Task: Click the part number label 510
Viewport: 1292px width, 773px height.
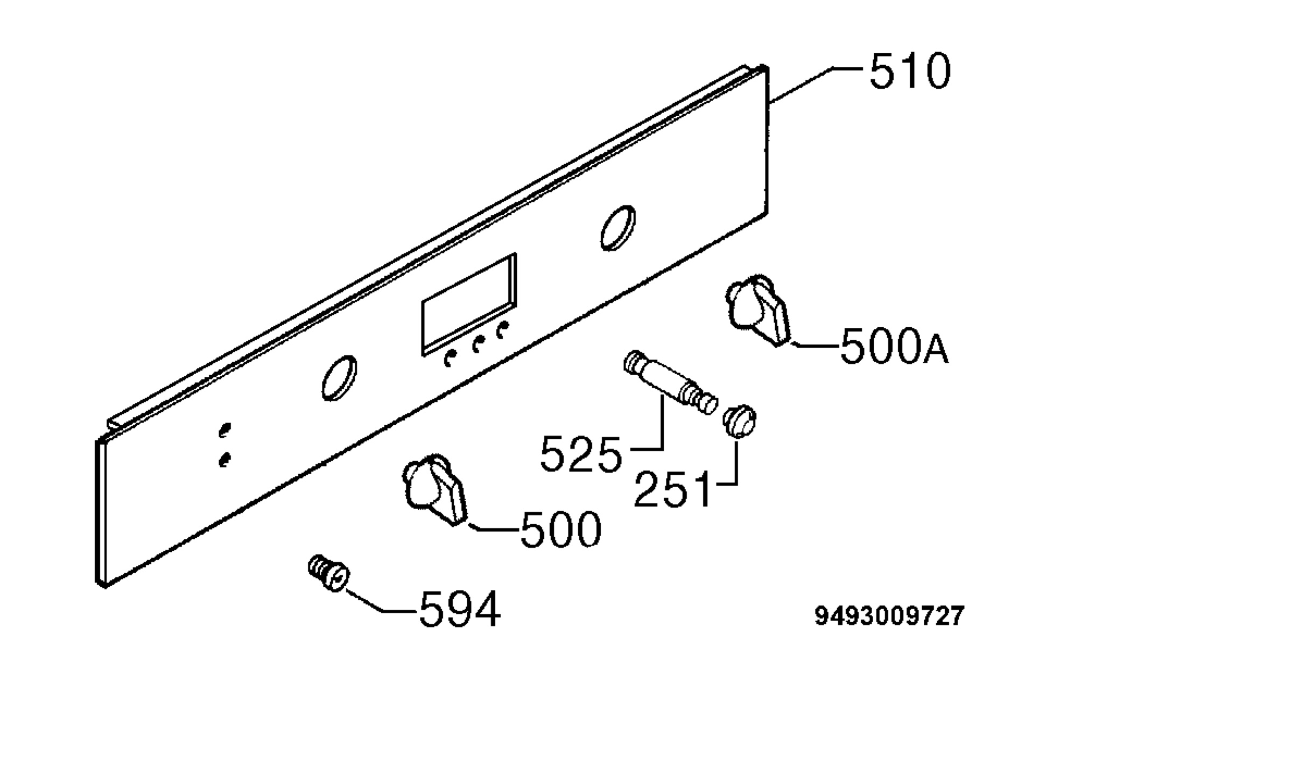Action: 910,71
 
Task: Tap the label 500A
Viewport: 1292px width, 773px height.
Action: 894,347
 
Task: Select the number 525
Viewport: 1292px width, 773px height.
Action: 581,455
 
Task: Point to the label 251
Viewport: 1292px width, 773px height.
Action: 672,489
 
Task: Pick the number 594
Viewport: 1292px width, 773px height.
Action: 460,609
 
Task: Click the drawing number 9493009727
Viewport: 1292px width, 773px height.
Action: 889,616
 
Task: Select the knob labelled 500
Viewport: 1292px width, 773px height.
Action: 435,489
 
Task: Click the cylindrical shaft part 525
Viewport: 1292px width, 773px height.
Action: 671,383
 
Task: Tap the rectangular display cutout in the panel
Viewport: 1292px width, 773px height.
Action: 468,305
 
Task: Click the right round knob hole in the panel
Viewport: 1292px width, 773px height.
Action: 618,228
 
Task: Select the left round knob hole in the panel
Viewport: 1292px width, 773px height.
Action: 339,378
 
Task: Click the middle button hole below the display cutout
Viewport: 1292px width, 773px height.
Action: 476,345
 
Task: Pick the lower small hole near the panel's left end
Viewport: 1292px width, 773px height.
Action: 224,460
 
